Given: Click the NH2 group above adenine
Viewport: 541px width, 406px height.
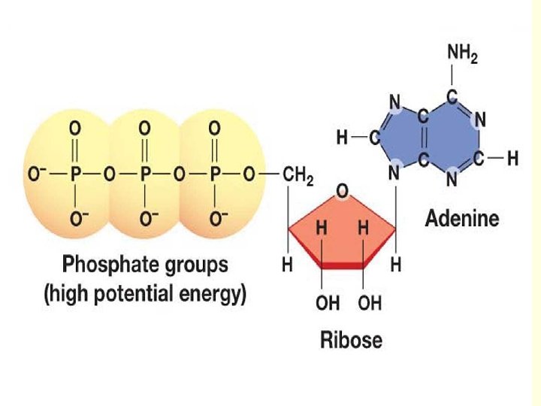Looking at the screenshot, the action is pos(462,55).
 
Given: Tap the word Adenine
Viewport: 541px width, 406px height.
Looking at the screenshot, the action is pos(462,219).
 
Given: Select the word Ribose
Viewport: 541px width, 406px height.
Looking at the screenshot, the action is pos(351,340).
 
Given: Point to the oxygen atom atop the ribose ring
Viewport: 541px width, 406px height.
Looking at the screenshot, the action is pos(342,191).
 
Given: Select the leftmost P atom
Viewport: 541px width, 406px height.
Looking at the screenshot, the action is pos(75,174).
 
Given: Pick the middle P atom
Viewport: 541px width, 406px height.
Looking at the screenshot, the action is pos(145,174).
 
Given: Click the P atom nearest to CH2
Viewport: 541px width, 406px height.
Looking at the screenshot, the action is pos(215,174).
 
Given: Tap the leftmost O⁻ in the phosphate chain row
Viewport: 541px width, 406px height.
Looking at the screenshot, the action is pos(37,174).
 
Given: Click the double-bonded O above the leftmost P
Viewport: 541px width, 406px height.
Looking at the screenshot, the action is pos(75,129).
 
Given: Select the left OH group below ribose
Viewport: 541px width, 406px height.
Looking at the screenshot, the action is pos(328,303).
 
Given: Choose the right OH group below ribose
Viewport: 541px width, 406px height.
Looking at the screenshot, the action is pos(370,303).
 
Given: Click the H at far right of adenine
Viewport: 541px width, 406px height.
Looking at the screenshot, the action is pos(512,159).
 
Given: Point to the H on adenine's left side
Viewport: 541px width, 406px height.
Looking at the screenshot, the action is pos(343,138).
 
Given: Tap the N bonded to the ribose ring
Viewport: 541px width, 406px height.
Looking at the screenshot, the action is pos(394,173).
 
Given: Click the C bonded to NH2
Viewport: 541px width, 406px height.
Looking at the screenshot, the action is pos(452,97).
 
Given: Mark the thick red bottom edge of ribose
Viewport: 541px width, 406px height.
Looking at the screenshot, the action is pos(342,265).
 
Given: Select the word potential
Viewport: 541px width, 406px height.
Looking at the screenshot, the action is pos(134,294).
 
